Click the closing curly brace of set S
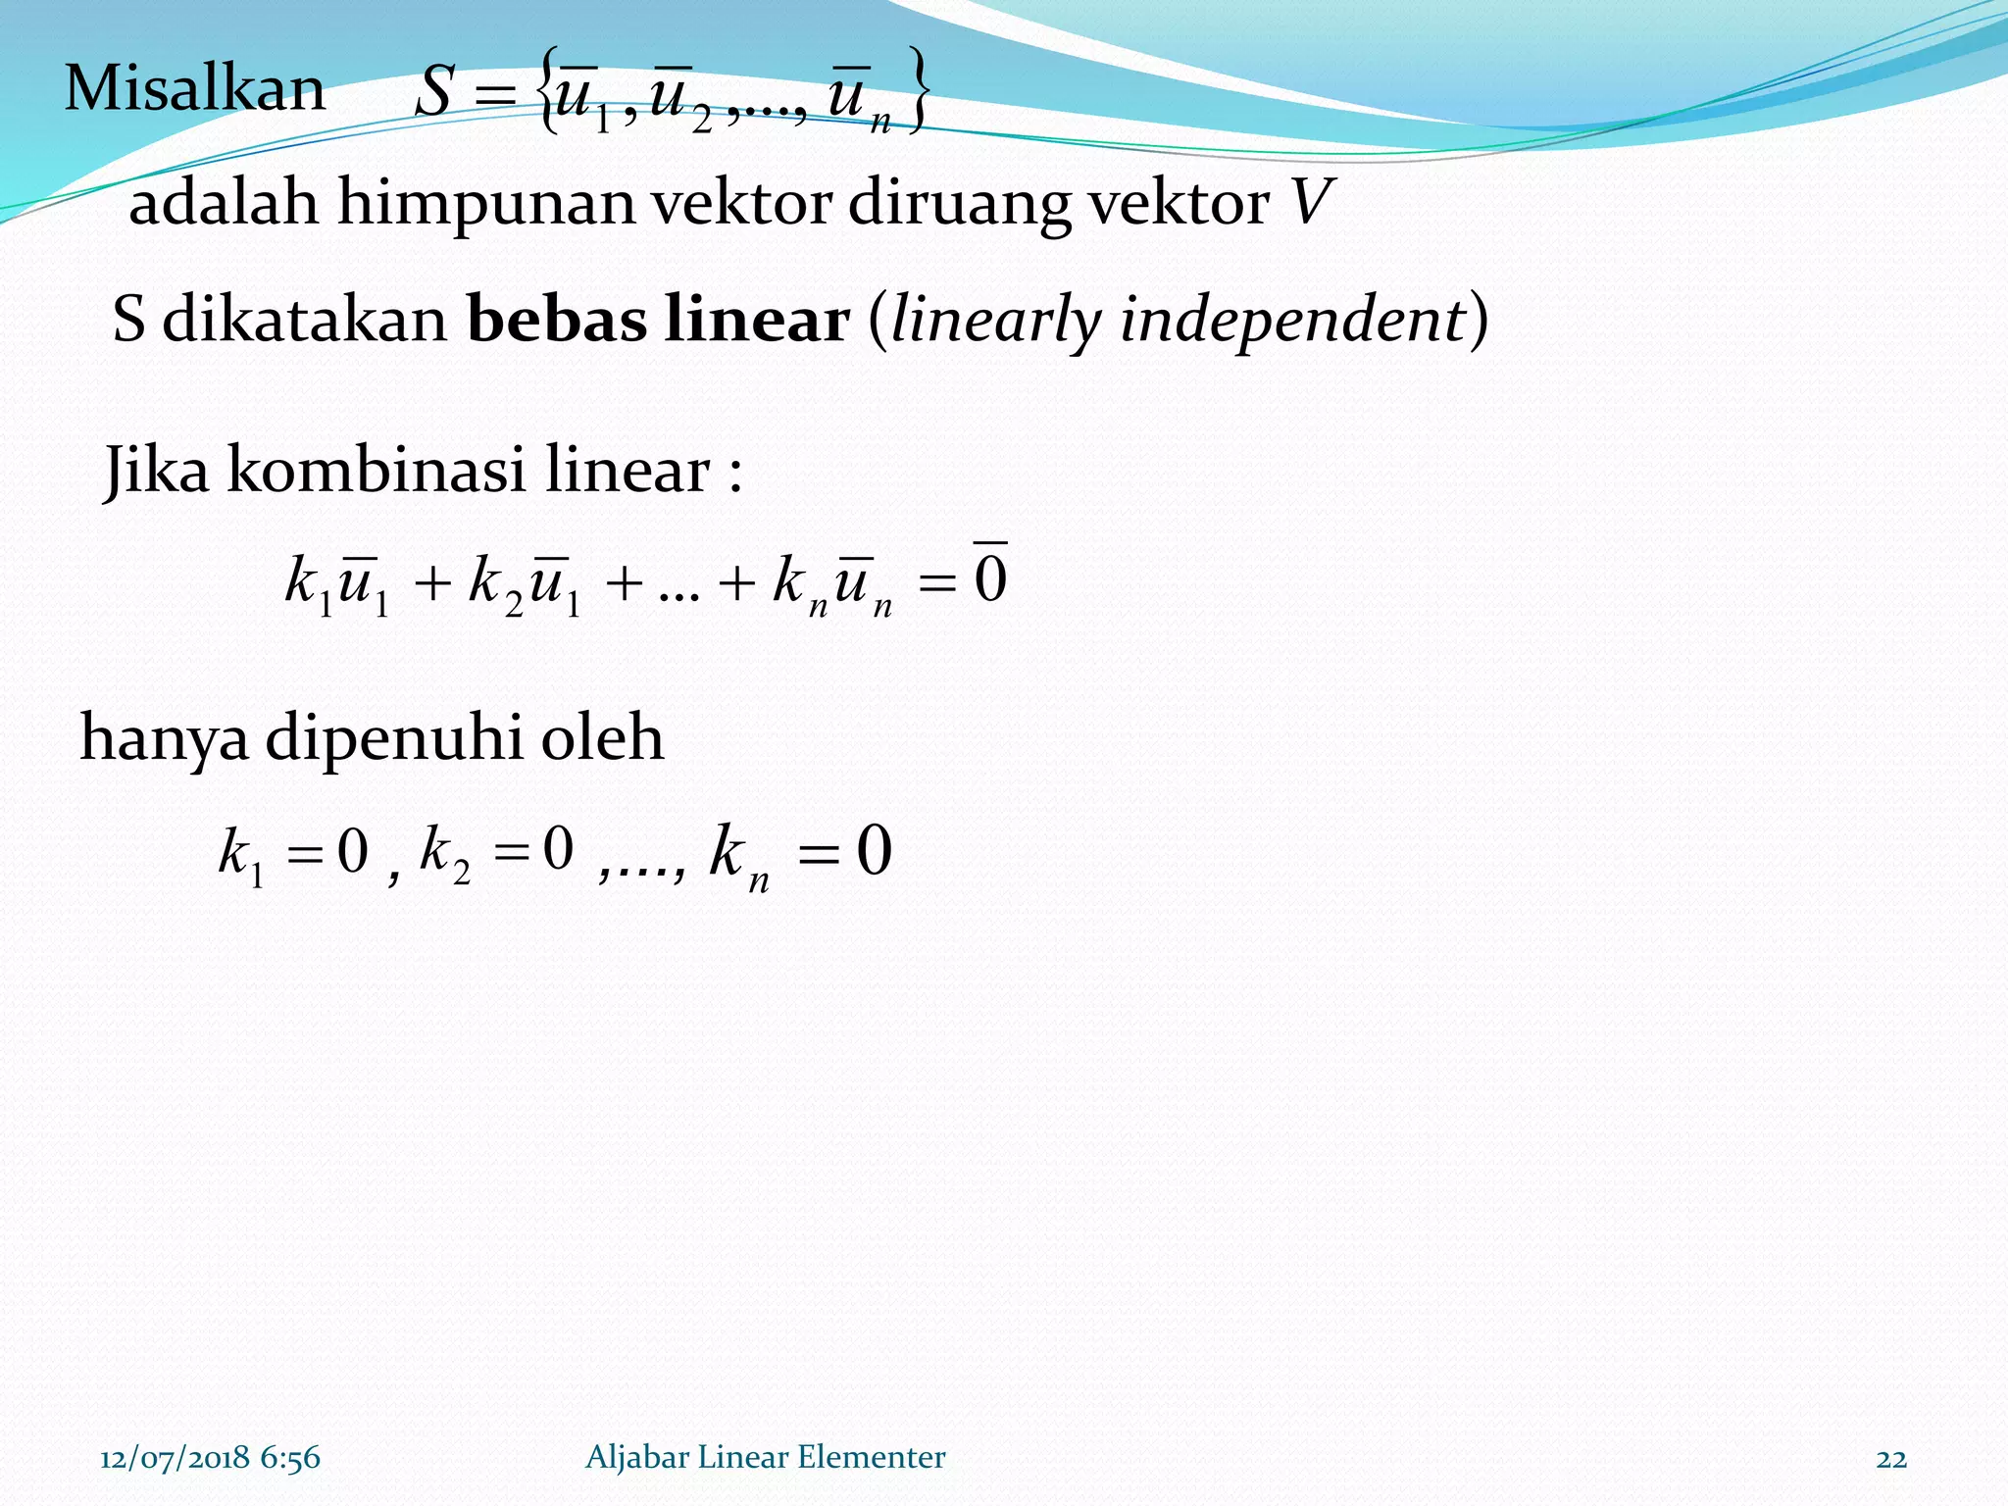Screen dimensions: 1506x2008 [916, 90]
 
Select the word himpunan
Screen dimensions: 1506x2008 [486, 204]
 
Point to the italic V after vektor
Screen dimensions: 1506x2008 [1311, 202]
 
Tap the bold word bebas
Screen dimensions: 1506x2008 [557, 320]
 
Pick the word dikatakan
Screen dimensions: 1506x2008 [304, 320]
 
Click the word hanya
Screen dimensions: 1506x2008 [164, 739]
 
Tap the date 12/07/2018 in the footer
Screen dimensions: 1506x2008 [175, 1458]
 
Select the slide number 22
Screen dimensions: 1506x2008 [1891, 1459]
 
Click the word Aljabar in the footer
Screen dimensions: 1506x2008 [636, 1458]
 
